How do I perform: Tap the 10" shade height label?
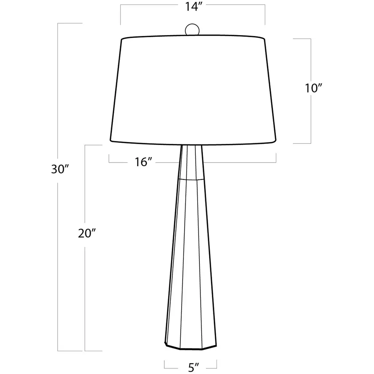click(313, 88)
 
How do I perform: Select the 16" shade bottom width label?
click(143, 162)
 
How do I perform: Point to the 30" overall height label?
click(60, 169)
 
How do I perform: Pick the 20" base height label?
click(87, 233)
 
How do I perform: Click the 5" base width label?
click(194, 367)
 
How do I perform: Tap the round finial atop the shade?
click(192, 30)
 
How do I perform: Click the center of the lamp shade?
click(193, 90)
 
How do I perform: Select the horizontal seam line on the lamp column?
click(191, 179)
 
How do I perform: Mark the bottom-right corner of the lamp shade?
click(276, 140)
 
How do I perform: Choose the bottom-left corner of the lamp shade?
click(110, 140)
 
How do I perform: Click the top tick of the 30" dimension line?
click(70, 23)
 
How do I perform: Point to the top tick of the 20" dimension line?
click(93, 145)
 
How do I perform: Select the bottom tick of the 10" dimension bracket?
click(302, 144)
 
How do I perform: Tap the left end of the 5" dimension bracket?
click(164, 364)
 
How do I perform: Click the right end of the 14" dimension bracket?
click(265, 15)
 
